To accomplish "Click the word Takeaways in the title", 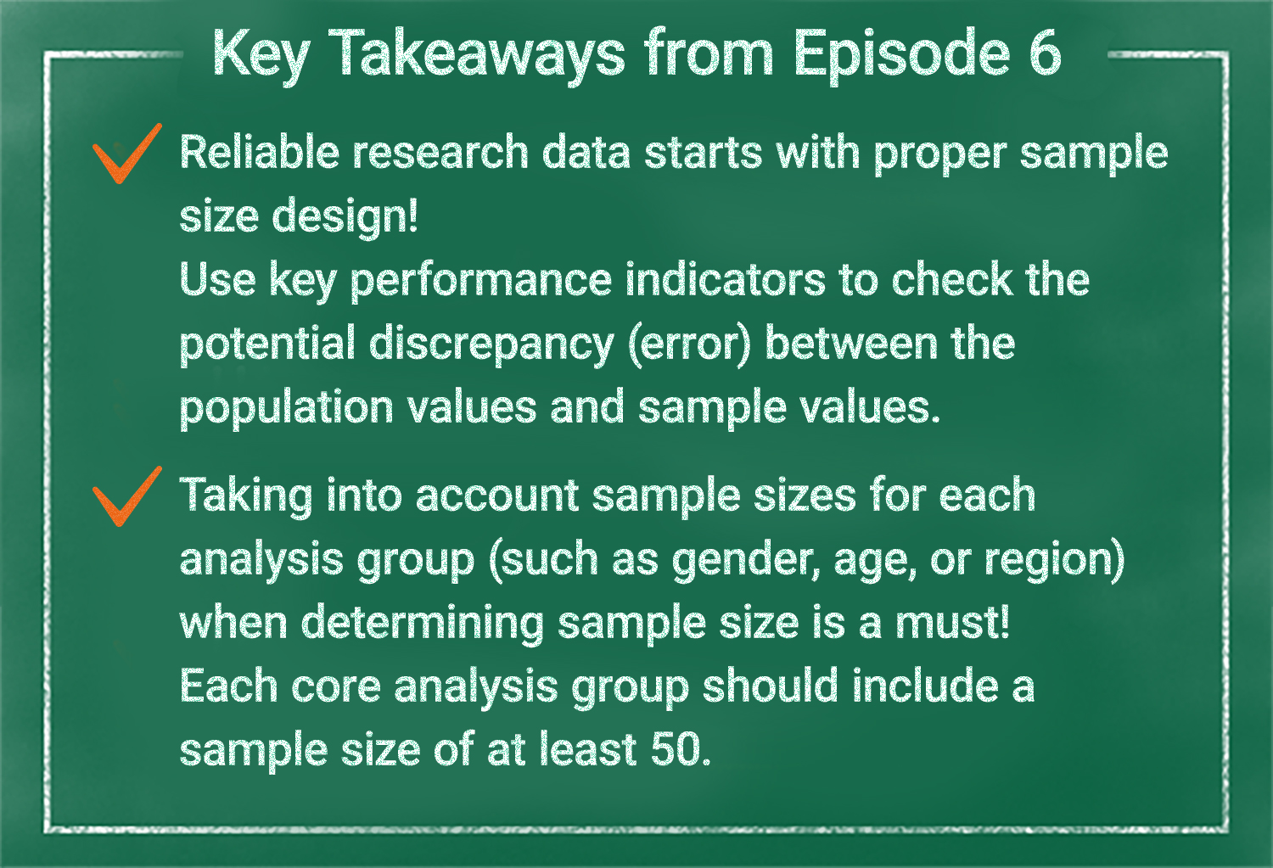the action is click(x=476, y=55).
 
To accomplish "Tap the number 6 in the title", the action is click(x=1044, y=53).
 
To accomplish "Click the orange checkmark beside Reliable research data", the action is click(x=127, y=154).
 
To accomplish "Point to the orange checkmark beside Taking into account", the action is click(x=127, y=496).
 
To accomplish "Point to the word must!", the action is click(x=952, y=623).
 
